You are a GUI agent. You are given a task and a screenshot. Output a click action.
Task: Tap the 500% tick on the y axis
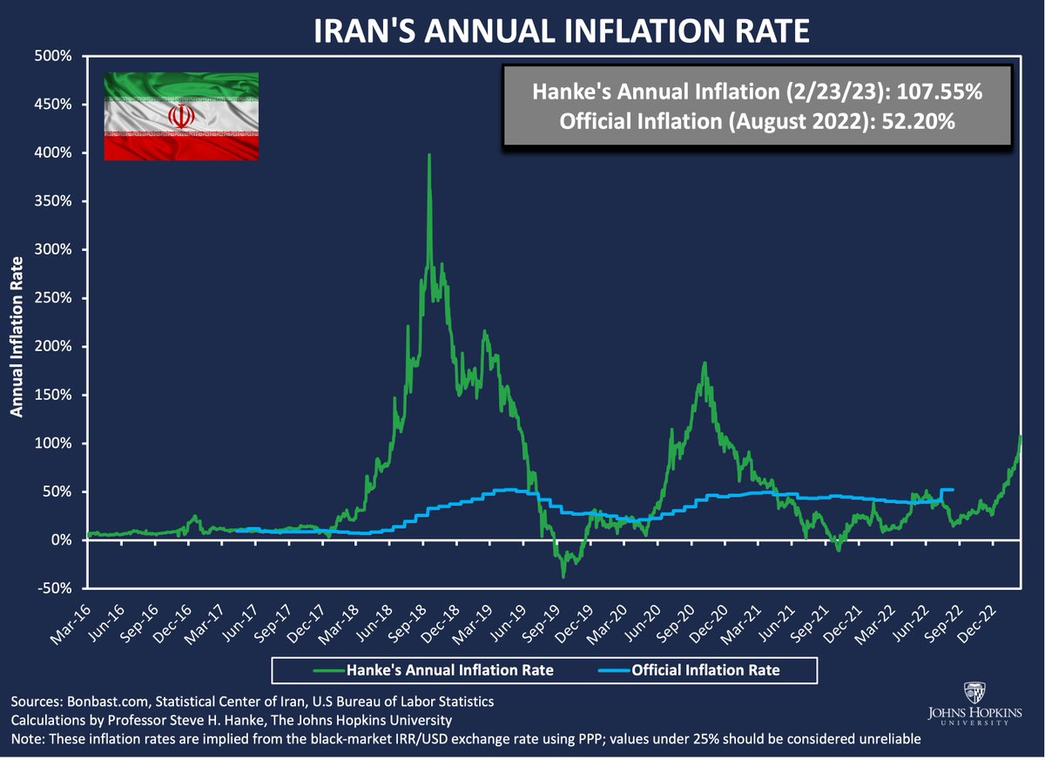pyautogui.click(x=55, y=56)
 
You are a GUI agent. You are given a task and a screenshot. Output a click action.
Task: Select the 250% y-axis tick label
pyautogui.click(x=55, y=298)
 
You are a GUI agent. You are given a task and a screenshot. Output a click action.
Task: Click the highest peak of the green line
pyautogui.click(x=429, y=155)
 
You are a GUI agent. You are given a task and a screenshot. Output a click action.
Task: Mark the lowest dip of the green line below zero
pyautogui.click(x=563, y=576)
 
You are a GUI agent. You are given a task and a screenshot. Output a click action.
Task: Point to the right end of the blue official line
pyautogui.click(x=954, y=490)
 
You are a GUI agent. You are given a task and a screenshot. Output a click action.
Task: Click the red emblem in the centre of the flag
pyautogui.click(x=181, y=117)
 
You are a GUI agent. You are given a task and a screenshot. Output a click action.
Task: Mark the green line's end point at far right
pyautogui.click(x=1020, y=436)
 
